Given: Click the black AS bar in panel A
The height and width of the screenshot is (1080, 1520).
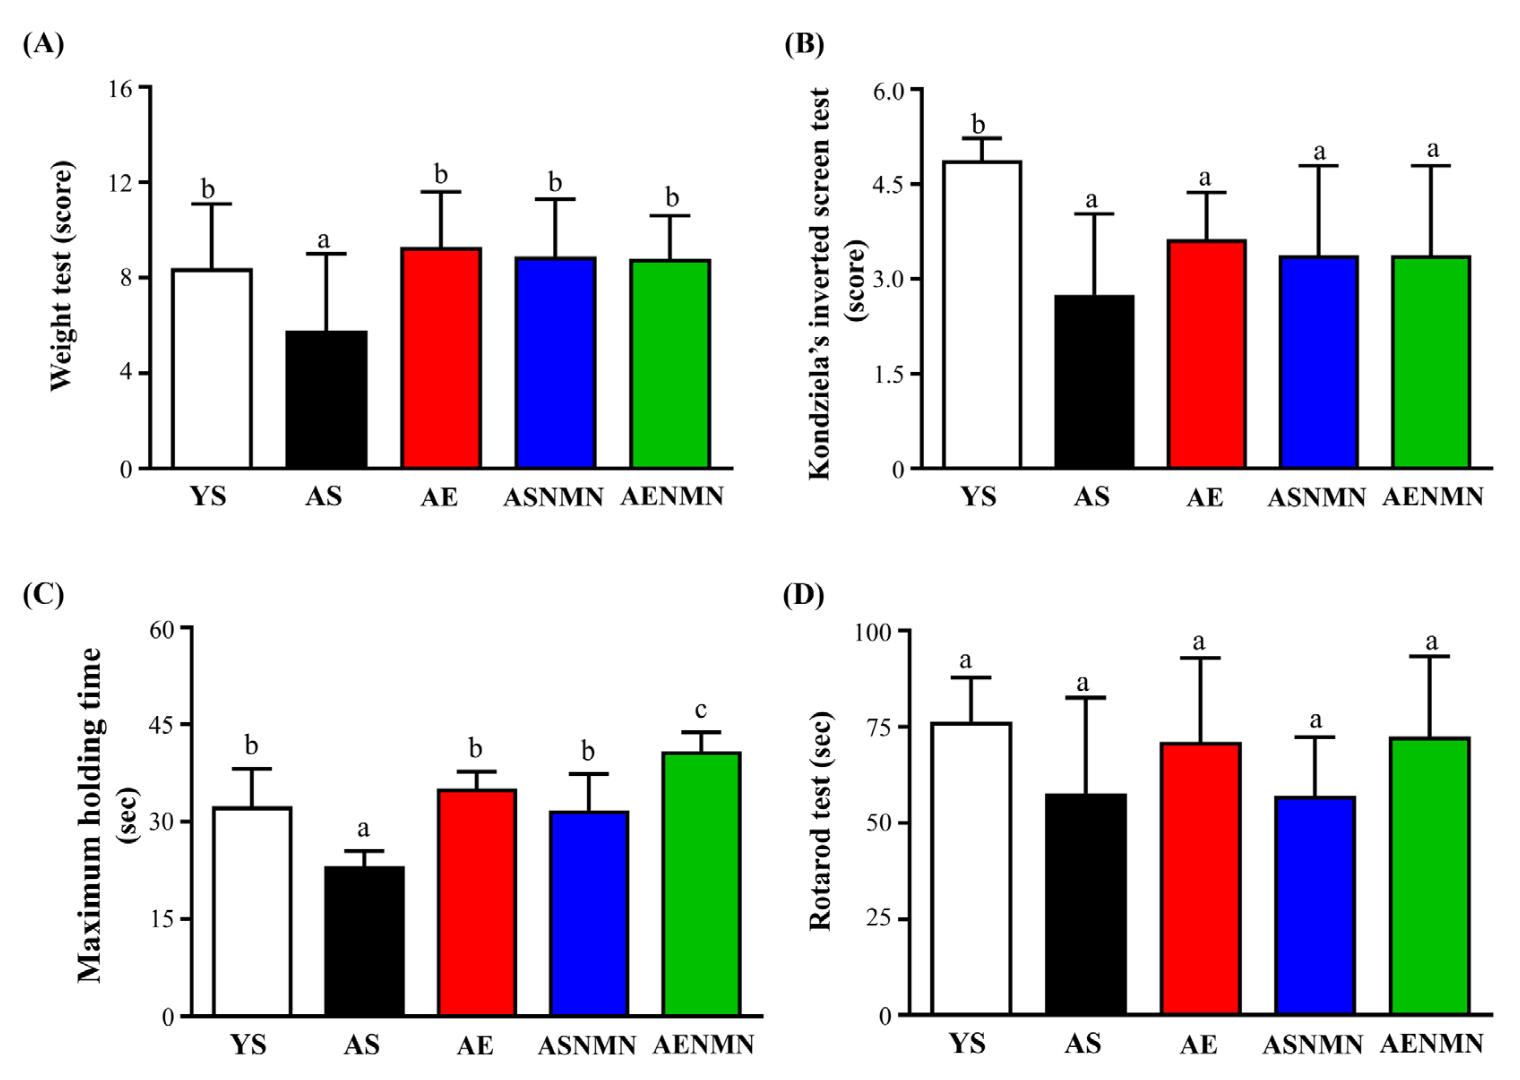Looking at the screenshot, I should click(x=326, y=399).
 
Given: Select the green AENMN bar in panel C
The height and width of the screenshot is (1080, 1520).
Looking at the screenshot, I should click(x=702, y=885).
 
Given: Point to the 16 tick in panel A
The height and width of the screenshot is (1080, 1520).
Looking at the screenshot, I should click(x=121, y=88).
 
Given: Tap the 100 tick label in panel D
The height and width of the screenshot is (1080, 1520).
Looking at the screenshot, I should click(x=872, y=632).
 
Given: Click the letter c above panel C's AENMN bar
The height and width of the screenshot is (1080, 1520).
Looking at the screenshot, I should click(x=700, y=710).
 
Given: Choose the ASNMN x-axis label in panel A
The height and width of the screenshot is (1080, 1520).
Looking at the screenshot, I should click(x=553, y=497).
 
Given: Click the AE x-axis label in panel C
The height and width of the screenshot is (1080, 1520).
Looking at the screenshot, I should click(x=475, y=1046).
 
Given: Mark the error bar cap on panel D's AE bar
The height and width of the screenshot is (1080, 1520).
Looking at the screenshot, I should click(x=1200, y=658).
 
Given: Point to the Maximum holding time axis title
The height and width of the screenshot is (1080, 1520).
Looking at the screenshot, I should click(x=90, y=815).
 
